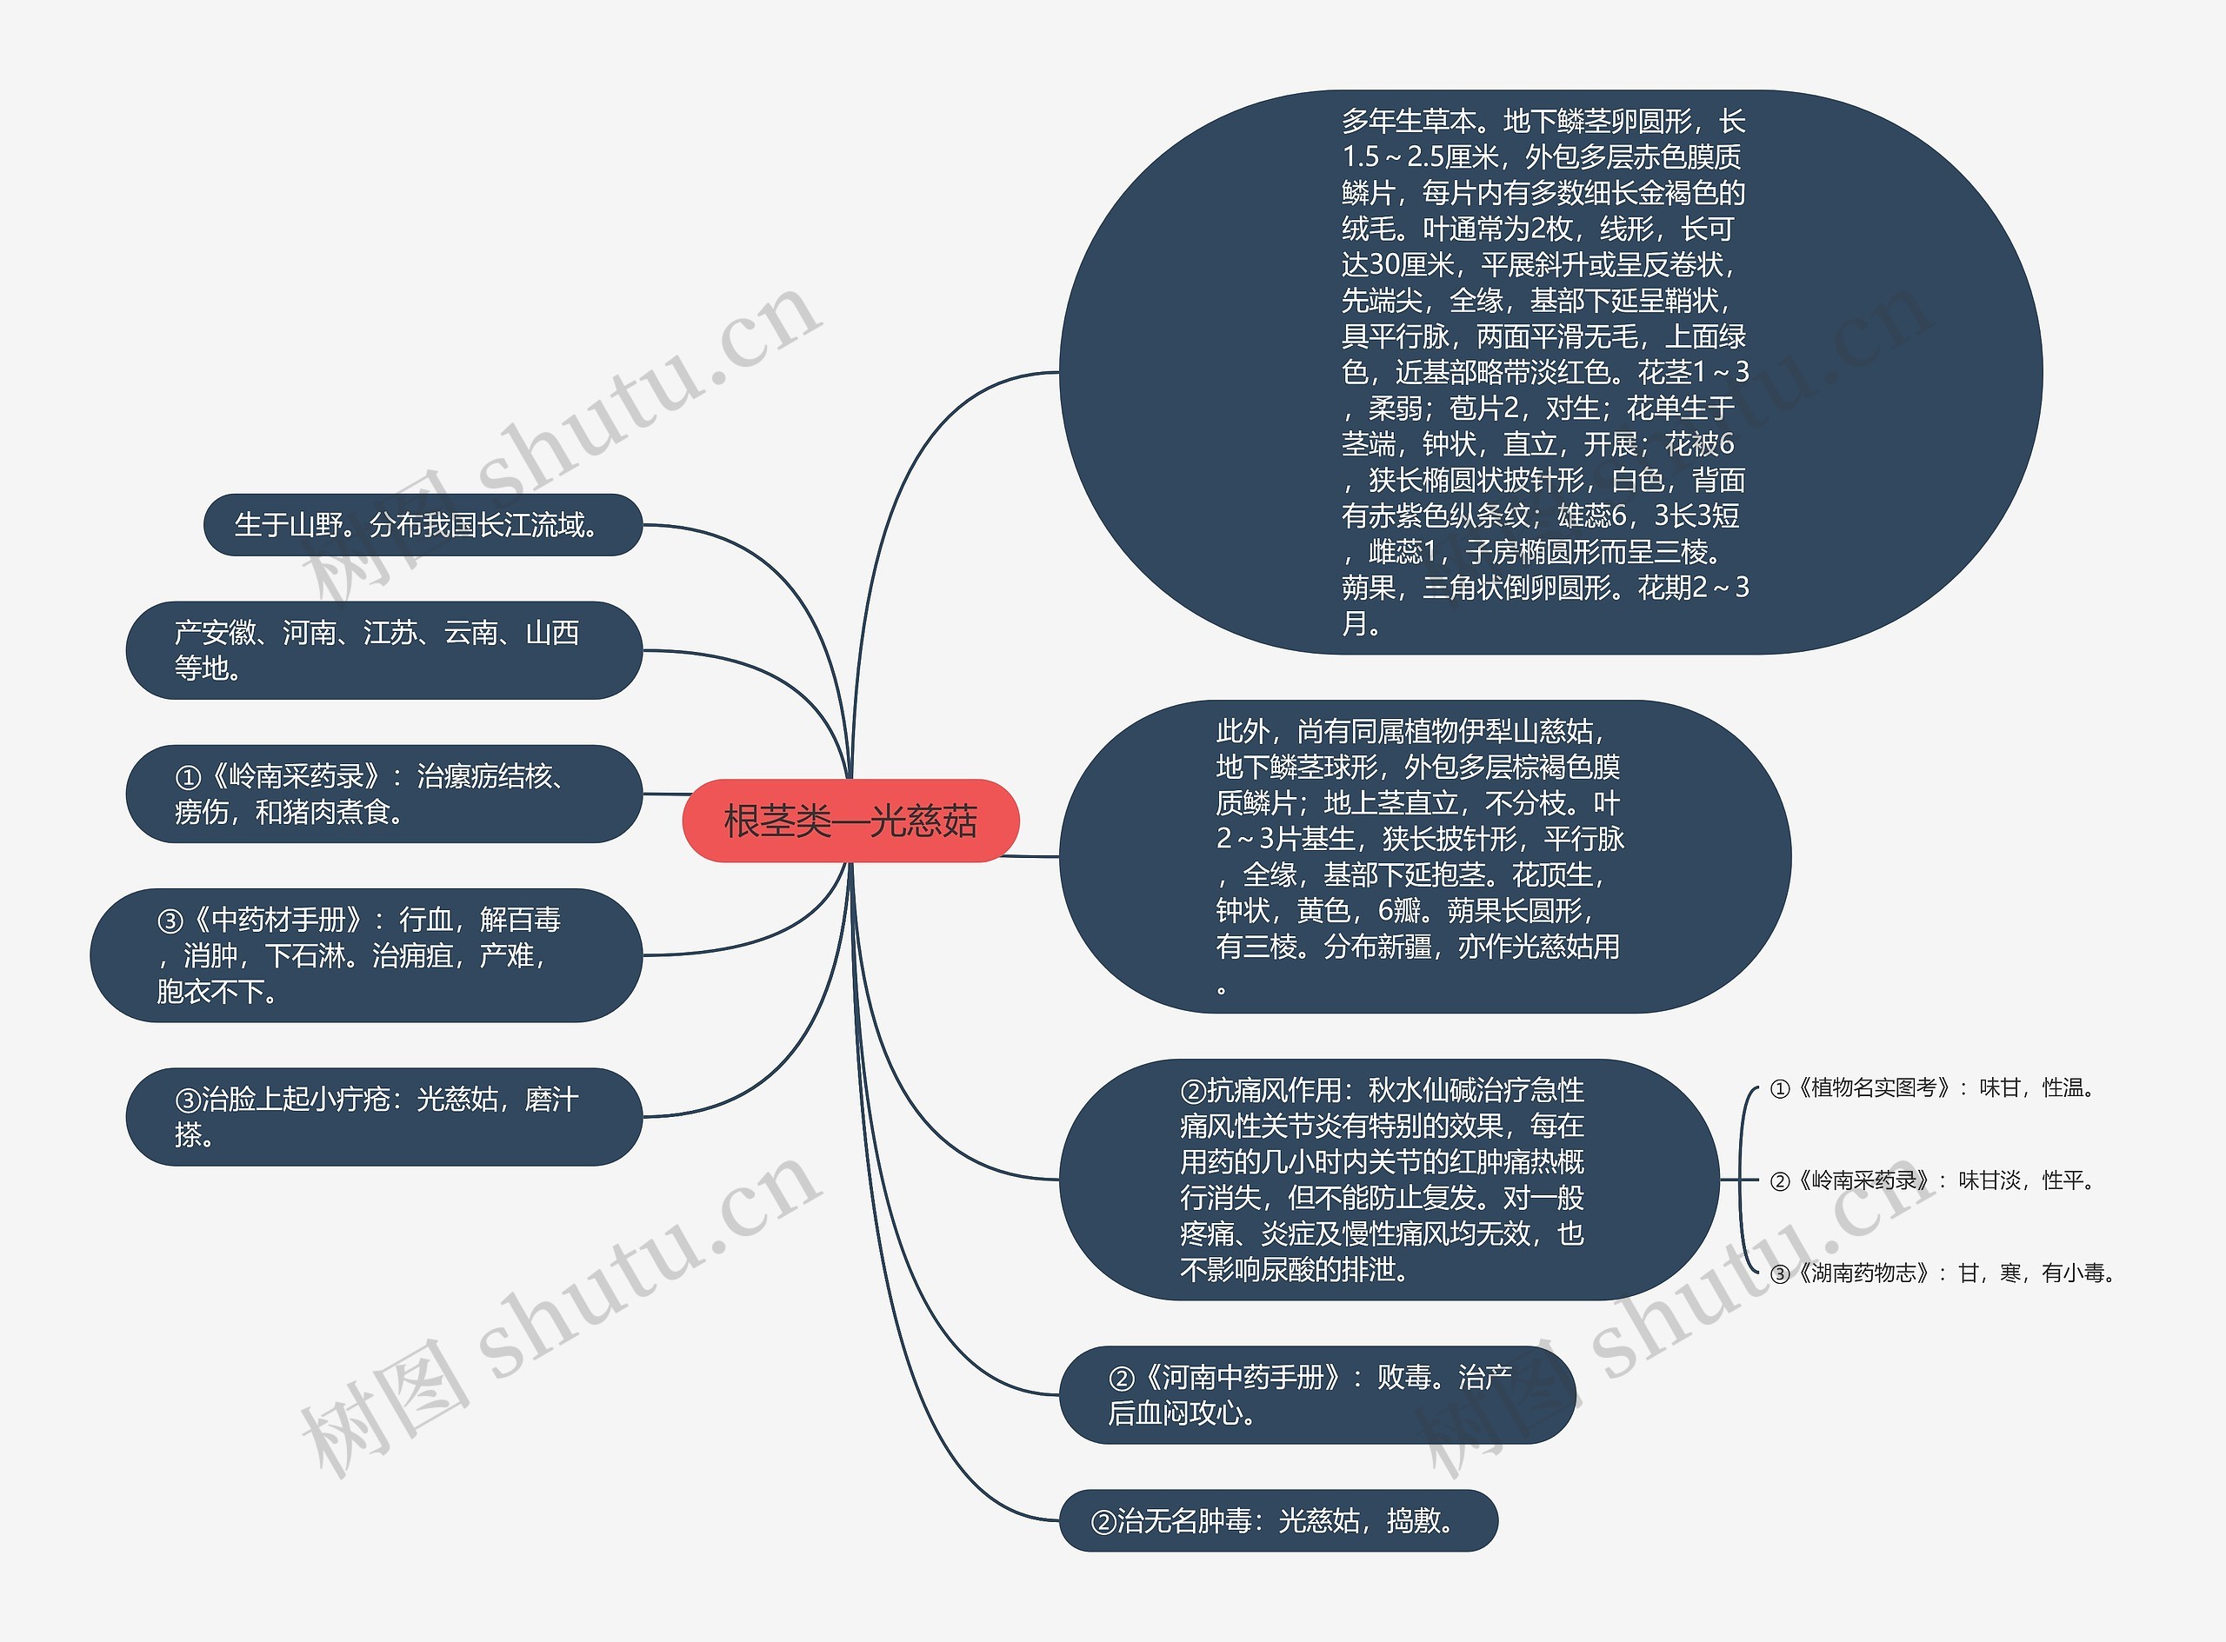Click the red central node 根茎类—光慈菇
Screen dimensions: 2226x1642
click(x=850, y=821)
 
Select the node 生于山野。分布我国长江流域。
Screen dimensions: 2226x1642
click(x=423, y=525)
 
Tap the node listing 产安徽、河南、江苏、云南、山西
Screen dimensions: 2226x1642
click(x=383, y=650)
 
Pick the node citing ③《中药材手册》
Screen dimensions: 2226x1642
click(x=366, y=954)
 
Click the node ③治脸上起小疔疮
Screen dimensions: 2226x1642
click(x=383, y=1116)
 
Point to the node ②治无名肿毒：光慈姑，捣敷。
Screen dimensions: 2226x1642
click(x=1277, y=1519)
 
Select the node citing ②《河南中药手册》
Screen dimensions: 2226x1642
click(x=1316, y=1393)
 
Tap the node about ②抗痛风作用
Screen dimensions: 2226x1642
click(x=1388, y=1179)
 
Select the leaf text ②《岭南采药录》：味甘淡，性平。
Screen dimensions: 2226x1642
click(x=1935, y=1180)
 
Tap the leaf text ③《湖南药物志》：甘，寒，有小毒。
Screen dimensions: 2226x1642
click(x=1944, y=1273)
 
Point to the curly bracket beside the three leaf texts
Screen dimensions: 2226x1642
click(x=1742, y=1180)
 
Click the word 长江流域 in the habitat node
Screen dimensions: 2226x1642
click(x=533, y=525)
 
